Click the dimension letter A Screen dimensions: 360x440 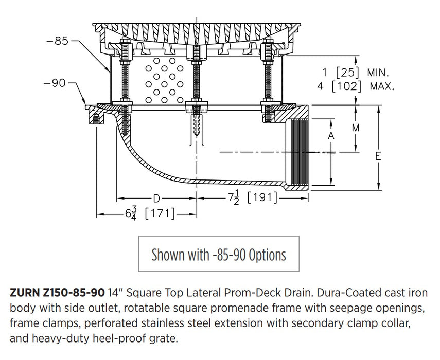pos(331,136)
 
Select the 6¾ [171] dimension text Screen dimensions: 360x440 pos(150,212)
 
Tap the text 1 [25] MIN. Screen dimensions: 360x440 pos(355,73)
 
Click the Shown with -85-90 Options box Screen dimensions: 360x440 pos(219,254)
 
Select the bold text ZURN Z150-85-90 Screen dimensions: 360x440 pos(57,293)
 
